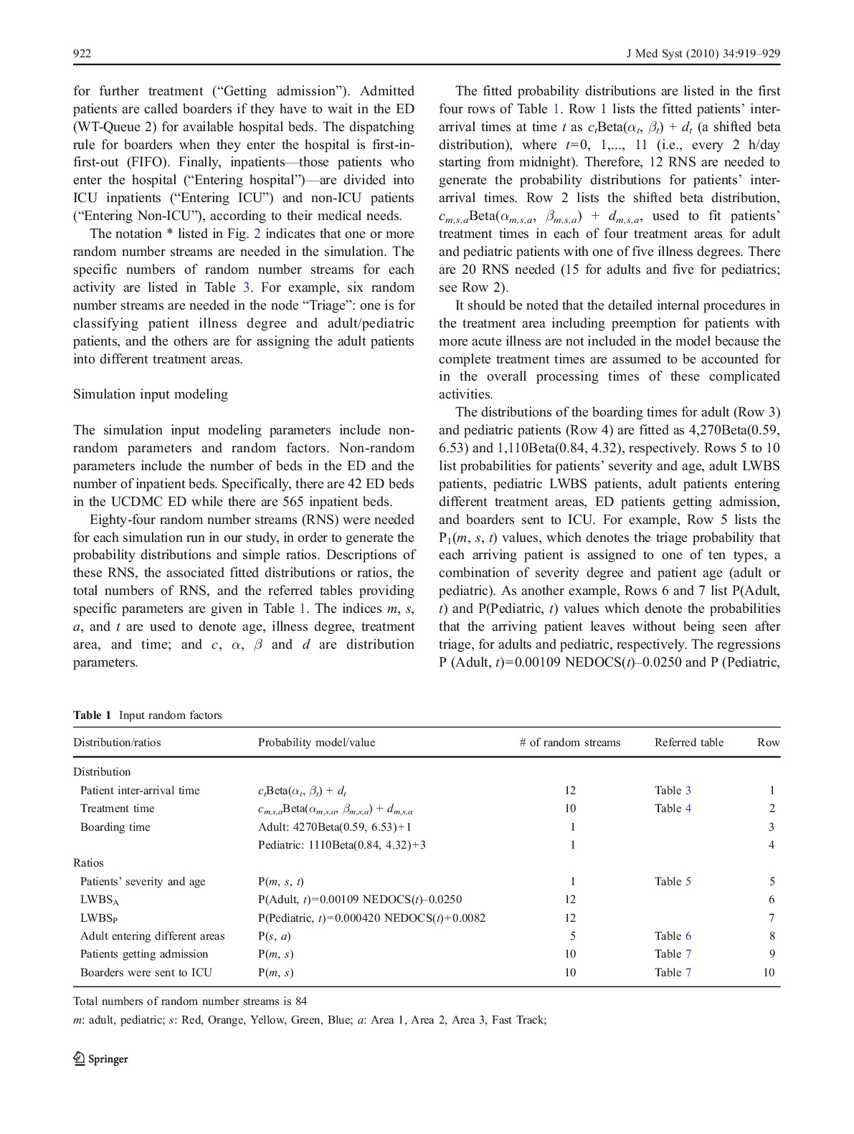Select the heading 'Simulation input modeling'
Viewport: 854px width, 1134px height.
[151, 394]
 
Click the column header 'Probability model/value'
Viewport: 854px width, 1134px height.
[316, 743]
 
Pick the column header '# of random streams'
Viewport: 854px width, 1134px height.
[570, 743]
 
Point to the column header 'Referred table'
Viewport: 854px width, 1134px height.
[688, 743]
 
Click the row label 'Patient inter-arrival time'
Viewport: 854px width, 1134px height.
[140, 791]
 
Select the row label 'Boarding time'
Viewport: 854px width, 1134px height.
[115, 827]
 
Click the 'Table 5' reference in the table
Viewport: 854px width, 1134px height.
[673, 882]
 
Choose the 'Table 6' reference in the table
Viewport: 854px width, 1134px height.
[673, 936]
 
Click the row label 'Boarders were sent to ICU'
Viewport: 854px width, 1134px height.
[146, 973]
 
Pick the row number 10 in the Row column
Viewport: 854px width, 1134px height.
[769, 973]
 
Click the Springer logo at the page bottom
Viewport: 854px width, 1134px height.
[100, 1059]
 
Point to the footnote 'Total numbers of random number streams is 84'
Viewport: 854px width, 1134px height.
[190, 1001]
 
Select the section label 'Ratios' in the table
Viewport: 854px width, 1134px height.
[88, 863]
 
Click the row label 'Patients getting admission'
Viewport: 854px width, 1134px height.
[144, 954]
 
